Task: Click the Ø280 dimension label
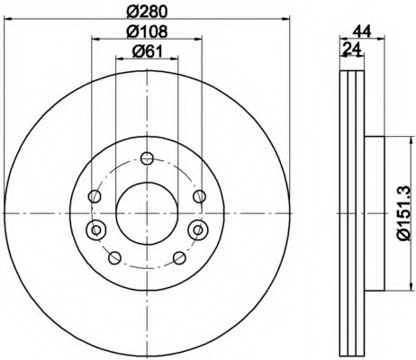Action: coord(147,11)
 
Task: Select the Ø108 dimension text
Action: coord(147,31)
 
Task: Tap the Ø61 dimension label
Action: coord(147,51)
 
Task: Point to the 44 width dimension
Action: coord(362,31)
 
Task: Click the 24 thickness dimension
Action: coord(352,49)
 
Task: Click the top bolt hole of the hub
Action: coord(147,157)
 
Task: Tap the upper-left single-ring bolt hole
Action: coord(95,196)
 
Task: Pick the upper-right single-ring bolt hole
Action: coord(199,196)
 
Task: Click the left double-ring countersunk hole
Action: coord(95,230)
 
